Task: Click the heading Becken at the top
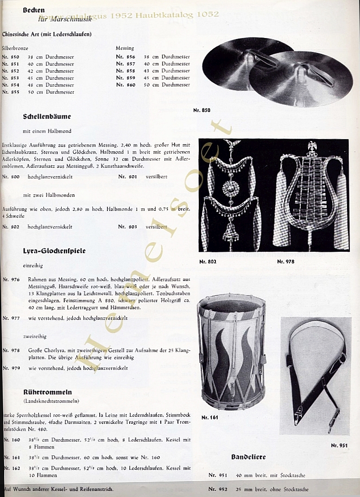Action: (34, 10)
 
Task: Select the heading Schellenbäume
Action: (47, 117)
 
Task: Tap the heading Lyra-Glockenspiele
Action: (54, 251)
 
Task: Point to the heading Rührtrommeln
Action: (47, 392)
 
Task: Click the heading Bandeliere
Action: (248, 457)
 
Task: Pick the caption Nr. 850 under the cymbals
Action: (202, 110)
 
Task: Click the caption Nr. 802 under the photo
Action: (208, 261)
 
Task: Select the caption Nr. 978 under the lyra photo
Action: (285, 261)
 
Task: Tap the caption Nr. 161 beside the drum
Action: (210, 417)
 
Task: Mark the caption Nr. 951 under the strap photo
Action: (339, 445)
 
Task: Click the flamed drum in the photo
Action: (232, 352)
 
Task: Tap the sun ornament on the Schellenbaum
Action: (230, 189)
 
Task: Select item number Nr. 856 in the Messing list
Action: (126, 57)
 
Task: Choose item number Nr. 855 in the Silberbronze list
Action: (11, 92)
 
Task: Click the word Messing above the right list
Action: (125, 48)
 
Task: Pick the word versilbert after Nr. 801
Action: (157, 177)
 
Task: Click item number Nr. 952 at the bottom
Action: (218, 489)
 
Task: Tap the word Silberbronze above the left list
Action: (15, 48)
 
